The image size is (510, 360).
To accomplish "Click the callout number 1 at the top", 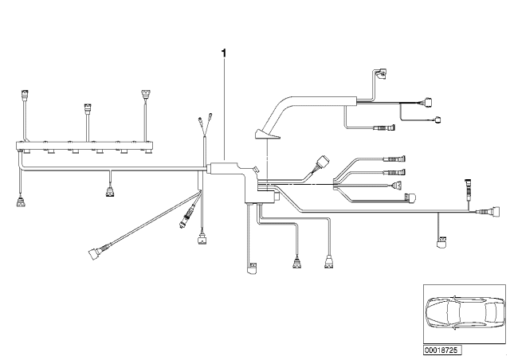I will (224, 54).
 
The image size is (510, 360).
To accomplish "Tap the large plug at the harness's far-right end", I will (484, 213).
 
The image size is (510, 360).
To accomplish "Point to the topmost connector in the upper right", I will (384, 74).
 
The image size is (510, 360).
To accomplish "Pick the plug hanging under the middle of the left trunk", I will (109, 190).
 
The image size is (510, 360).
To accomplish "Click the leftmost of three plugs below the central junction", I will (253, 268).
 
